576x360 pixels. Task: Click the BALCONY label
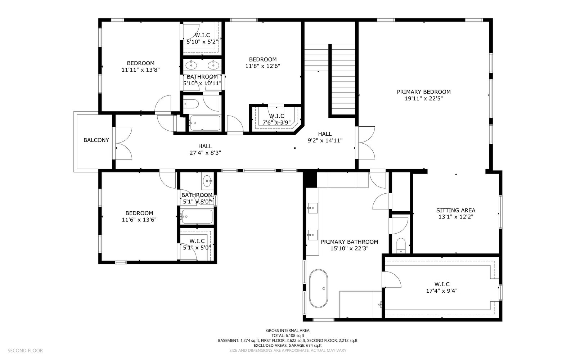[96, 140]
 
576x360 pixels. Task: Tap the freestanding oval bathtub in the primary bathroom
[319, 288]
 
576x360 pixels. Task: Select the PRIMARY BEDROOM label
[424, 92]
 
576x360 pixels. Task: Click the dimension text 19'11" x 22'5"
[424, 99]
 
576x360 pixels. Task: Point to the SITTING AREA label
[456, 210]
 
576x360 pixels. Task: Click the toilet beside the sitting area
[401, 246]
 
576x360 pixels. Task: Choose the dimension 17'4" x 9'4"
[442, 291]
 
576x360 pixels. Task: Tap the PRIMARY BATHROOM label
[350, 242]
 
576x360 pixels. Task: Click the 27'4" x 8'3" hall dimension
[205, 153]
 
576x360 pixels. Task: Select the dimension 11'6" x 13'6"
[139, 220]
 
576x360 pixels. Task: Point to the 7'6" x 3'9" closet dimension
[276, 122]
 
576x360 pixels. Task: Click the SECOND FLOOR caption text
[25, 351]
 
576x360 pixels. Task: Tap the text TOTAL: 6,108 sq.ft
[288, 336]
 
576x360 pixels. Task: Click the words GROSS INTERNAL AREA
[288, 331]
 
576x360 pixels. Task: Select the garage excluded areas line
[288, 345]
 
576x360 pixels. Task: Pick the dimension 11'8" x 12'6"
[262, 66]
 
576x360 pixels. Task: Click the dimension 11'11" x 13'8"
[141, 70]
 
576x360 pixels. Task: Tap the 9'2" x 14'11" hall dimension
[325, 140]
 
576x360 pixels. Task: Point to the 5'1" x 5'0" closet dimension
[197, 248]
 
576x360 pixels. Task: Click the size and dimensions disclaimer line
[288, 351]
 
